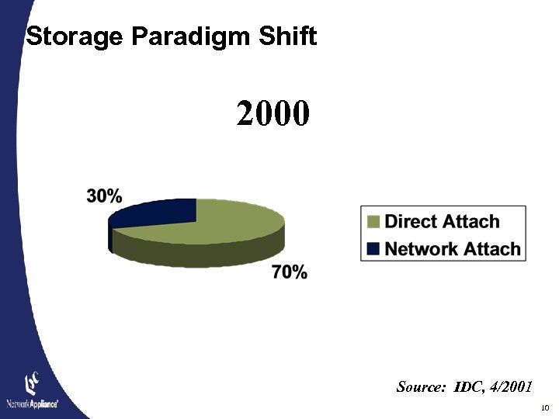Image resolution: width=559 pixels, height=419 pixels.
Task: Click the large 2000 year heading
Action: [273, 115]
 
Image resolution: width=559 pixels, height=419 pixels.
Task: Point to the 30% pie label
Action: [104, 196]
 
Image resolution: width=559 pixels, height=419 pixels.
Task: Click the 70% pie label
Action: [289, 272]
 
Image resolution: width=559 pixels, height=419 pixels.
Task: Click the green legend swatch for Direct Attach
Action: [374, 222]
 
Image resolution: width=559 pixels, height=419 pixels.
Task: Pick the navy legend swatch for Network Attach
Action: [374, 249]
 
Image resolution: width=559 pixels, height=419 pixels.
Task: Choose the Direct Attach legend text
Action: [442, 222]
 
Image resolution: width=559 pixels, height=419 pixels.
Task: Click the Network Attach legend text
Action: [453, 249]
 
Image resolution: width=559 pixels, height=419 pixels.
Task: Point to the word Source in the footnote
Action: [420, 386]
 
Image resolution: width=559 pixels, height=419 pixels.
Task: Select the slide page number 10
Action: [543, 407]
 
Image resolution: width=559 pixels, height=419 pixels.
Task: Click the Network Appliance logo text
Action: [32, 403]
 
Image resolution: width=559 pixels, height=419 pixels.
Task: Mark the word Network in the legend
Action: [423, 249]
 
